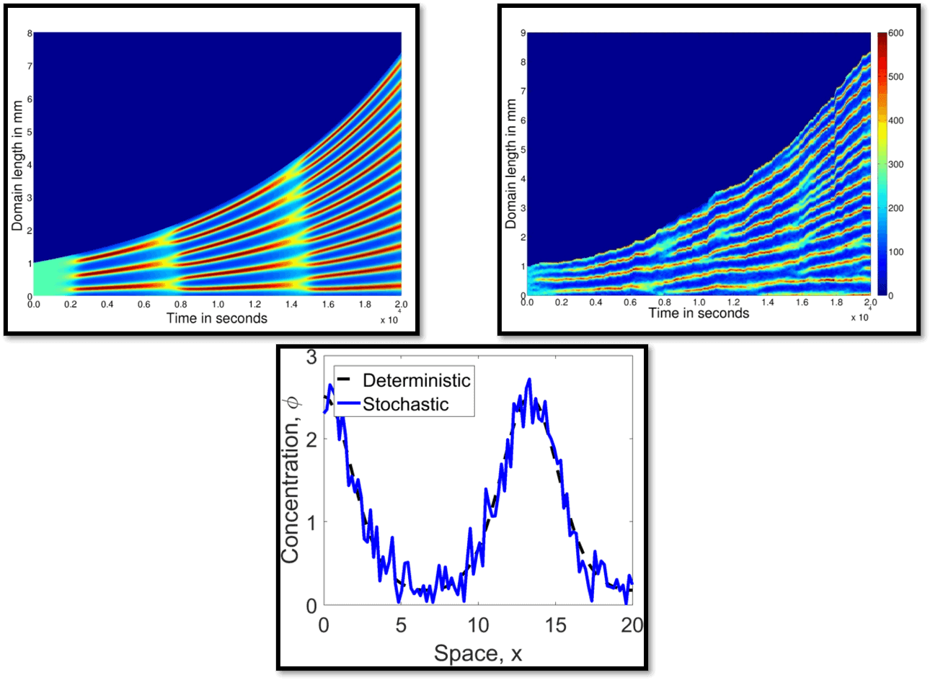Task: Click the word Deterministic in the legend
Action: (x=416, y=380)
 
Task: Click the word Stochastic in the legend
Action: (x=405, y=404)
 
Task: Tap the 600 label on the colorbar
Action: (x=895, y=33)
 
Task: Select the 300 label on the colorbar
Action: (x=895, y=164)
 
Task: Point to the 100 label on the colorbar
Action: (x=895, y=252)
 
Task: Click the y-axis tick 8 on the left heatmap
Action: (x=29, y=33)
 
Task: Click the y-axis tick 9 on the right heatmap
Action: (x=523, y=33)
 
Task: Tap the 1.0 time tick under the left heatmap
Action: (x=218, y=305)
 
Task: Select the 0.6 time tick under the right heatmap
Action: (x=630, y=303)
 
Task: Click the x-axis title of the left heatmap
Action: (x=217, y=318)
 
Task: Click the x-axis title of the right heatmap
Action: (x=699, y=313)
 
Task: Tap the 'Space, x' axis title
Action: (x=477, y=653)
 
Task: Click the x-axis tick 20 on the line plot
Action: (x=632, y=624)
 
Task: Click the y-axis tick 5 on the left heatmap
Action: (x=29, y=132)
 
